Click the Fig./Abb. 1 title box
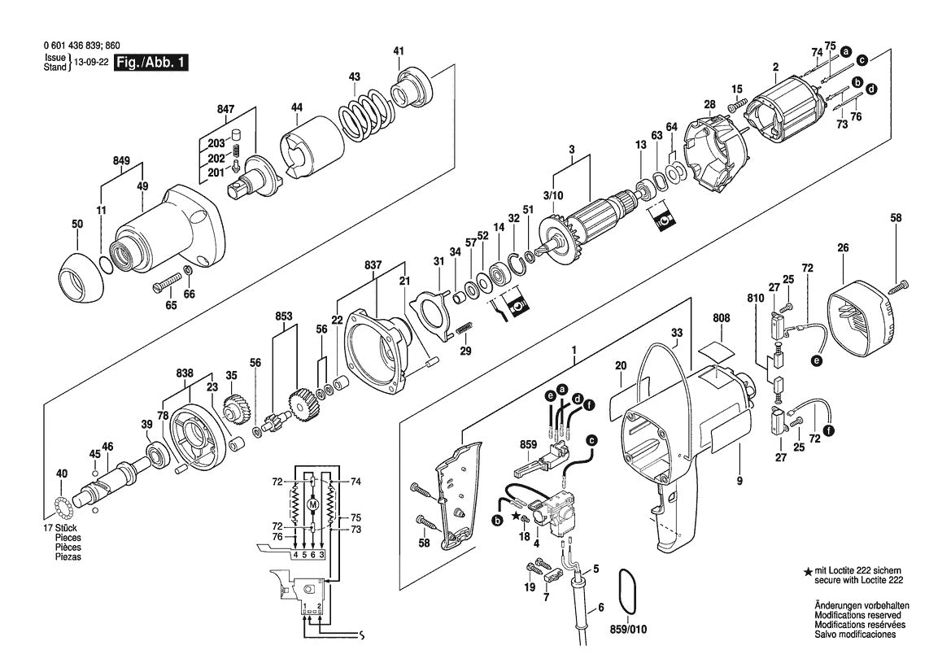[x=151, y=63]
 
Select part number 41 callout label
[x=399, y=51]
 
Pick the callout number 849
[x=121, y=161]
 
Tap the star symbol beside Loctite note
[x=807, y=573]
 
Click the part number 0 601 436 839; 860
[x=84, y=46]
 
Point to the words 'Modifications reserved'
[x=861, y=615]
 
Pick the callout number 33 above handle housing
[x=677, y=332]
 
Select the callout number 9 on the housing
[x=739, y=481]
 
